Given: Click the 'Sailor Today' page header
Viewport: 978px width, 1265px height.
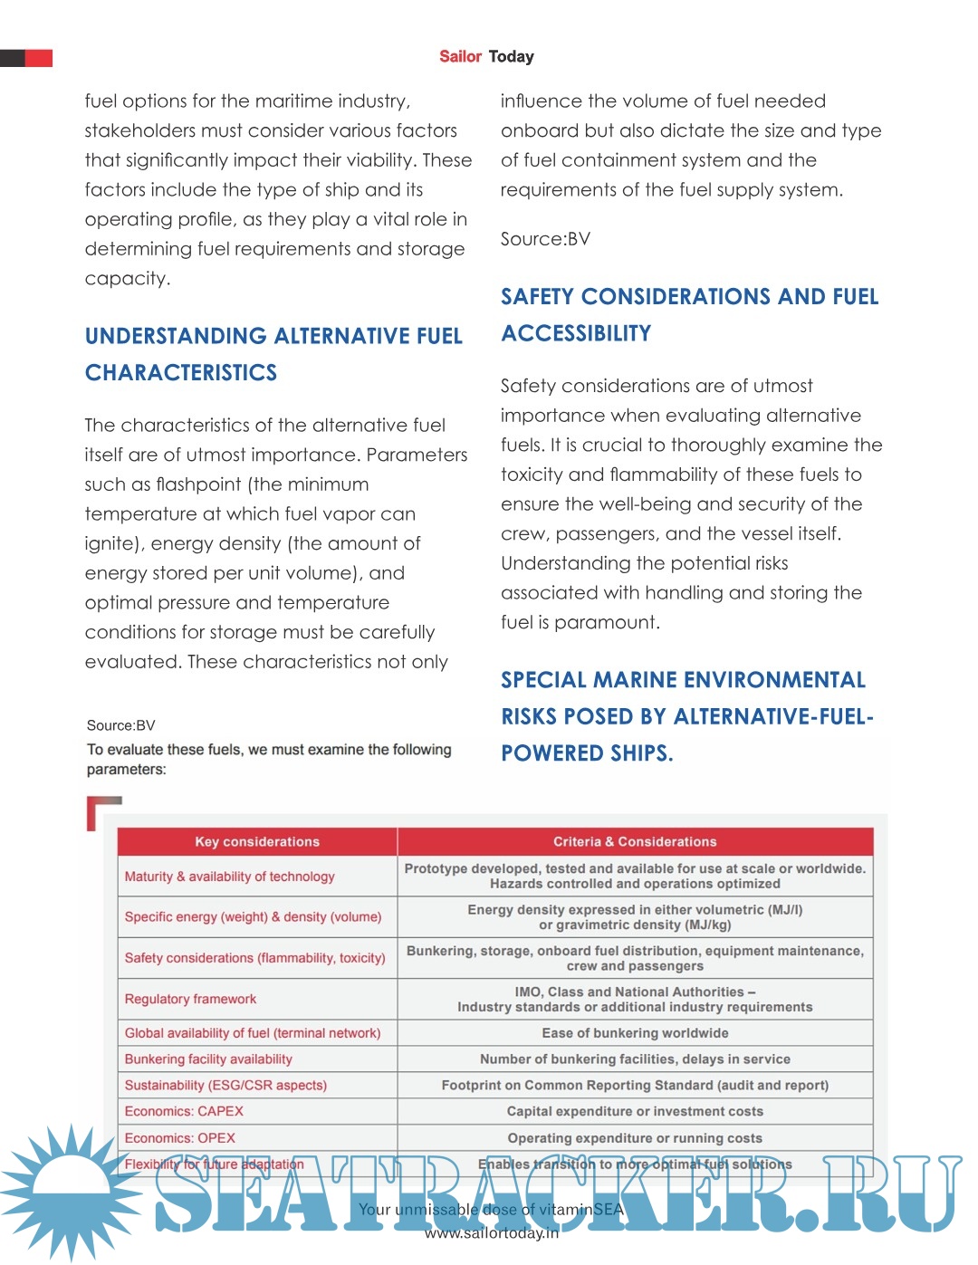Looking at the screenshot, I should (x=486, y=56).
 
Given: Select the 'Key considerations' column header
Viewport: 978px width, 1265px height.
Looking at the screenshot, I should (x=257, y=841).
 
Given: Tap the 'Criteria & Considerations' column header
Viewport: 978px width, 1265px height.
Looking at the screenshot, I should (x=635, y=841).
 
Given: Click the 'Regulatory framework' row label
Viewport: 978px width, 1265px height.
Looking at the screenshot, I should (x=190, y=999).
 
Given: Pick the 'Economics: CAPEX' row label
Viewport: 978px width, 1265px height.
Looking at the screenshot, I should (x=184, y=1111).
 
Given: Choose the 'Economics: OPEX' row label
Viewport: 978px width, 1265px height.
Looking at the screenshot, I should (x=179, y=1138).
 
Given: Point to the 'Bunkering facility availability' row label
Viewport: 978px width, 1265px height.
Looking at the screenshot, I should (x=208, y=1059).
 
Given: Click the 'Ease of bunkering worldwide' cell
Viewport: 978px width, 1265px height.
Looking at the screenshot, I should (x=635, y=1033).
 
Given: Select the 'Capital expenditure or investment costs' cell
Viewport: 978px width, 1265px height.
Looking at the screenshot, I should (x=635, y=1111).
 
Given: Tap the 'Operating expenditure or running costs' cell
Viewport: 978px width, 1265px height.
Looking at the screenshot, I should (x=635, y=1138).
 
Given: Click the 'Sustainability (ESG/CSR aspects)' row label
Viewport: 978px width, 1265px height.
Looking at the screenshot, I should (x=225, y=1085).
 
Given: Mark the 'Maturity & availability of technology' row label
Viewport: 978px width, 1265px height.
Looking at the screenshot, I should (x=229, y=877).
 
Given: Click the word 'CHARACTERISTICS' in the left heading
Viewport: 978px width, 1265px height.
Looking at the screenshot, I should (x=181, y=373).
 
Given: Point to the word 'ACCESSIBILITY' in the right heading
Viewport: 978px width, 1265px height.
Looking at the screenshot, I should (x=576, y=333).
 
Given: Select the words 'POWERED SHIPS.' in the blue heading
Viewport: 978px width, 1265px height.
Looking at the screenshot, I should (x=587, y=753).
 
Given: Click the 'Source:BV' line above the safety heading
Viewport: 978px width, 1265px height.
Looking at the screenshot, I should (x=545, y=239).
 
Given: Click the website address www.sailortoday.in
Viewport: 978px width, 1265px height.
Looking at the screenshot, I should (x=492, y=1232).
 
